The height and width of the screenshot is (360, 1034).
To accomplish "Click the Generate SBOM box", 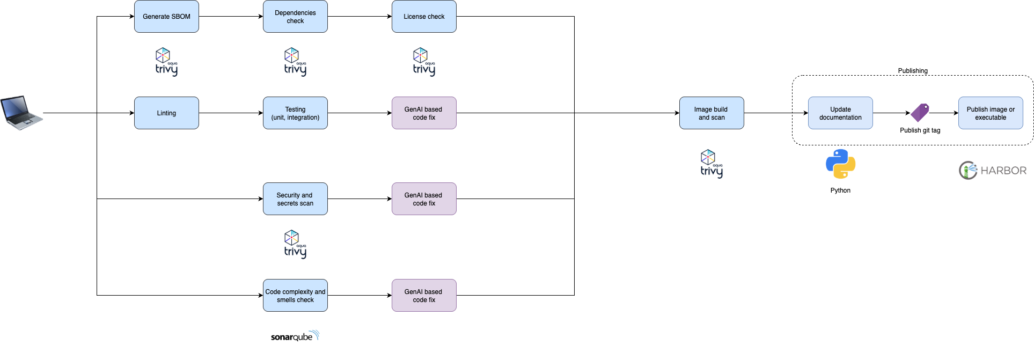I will coord(166,17).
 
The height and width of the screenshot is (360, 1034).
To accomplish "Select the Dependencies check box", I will coord(295,17).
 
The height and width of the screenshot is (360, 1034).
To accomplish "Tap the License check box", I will coord(424,17).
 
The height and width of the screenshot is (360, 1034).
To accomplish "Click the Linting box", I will coord(166,113).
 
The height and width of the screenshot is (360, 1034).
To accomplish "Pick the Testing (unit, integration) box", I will coord(295,113).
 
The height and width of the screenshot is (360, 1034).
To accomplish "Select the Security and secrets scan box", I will coord(295,199).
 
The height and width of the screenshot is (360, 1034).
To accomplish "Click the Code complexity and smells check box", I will coord(295,296).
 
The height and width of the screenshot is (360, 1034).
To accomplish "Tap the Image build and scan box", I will coord(712,113).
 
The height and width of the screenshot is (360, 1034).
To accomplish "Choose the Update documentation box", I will coord(840,113).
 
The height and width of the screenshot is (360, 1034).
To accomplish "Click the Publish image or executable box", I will coord(991,113).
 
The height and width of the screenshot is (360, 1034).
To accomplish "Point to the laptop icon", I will coord(21,113).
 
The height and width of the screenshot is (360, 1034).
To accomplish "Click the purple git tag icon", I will coord(920,113).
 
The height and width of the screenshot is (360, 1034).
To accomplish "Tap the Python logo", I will coord(840,164).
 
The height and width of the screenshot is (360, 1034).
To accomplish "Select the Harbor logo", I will coord(992,171).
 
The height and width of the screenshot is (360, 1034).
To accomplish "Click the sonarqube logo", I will coord(295,336).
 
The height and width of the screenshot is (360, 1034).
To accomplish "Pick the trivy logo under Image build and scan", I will coord(712,164).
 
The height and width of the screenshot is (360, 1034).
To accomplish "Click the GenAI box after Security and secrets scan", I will coord(424,199).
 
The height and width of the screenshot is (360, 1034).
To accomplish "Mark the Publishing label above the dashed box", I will coord(913,71).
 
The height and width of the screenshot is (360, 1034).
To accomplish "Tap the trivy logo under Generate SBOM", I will coord(166,62).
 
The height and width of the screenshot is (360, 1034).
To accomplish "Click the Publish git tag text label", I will coord(920,130).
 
